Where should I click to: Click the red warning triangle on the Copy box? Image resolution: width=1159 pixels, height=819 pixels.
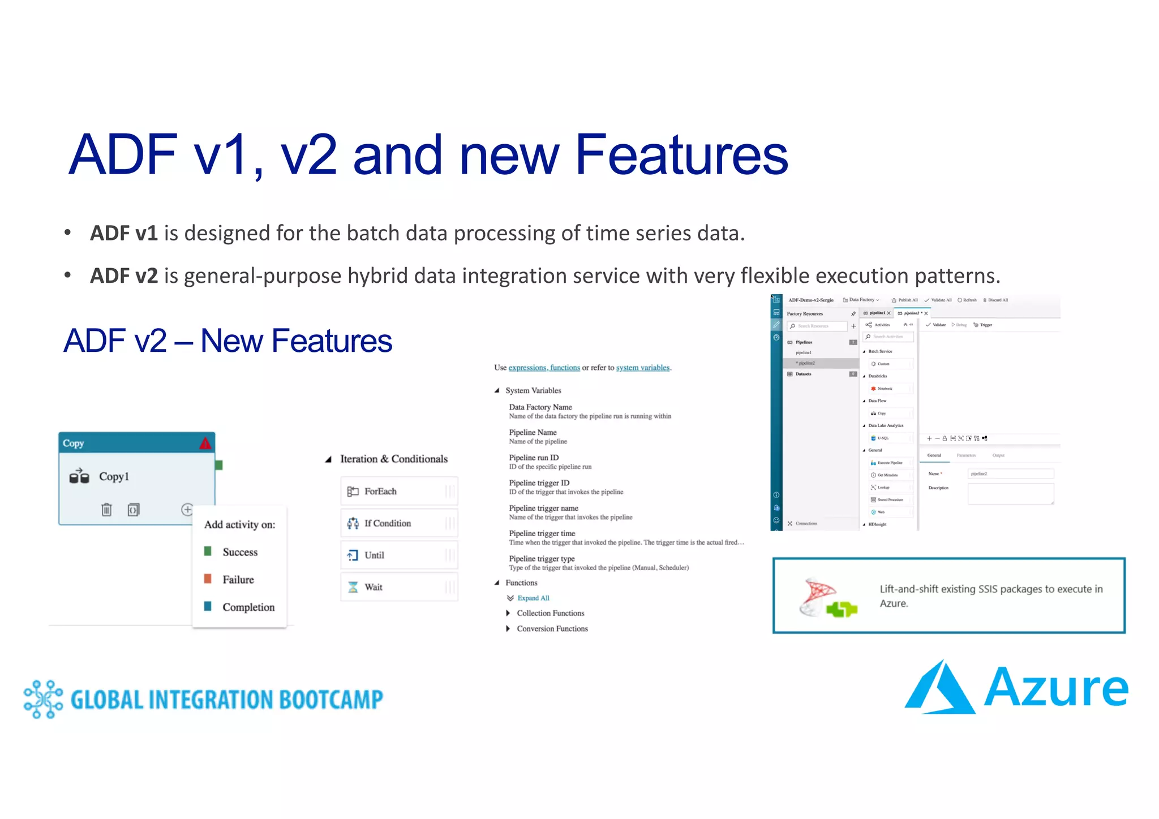click(205, 443)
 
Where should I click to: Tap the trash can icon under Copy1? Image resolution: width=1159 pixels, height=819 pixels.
click(106, 510)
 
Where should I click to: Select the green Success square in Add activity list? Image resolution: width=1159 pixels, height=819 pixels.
click(208, 551)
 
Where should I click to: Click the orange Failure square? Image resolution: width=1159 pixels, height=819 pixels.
click(208, 579)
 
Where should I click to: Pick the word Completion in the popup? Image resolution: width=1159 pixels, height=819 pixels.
click(248, 607)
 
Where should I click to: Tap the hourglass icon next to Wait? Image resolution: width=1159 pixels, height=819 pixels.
click(353, 587)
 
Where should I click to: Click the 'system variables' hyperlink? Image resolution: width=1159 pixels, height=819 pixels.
click(642, 368)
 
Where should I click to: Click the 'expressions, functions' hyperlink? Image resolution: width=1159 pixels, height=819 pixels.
click(544, 368)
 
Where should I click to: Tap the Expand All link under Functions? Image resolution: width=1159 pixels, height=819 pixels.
click(533, 598)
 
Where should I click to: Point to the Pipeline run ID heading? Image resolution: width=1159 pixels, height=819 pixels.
click(533, 458)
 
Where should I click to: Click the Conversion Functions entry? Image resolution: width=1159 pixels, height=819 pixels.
click(552, 628)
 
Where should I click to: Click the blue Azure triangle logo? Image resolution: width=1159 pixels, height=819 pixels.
click(939, 689)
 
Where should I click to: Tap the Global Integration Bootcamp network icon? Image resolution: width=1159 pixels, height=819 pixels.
click(43, 699)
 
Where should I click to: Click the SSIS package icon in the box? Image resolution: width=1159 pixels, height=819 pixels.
click(826, 598)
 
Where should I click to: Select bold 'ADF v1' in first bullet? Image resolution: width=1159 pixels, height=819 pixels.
click(123, 233)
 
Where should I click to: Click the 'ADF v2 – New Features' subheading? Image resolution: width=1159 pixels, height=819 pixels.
click(227, 340)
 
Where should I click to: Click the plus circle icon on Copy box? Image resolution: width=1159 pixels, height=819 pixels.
click(187, 509)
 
